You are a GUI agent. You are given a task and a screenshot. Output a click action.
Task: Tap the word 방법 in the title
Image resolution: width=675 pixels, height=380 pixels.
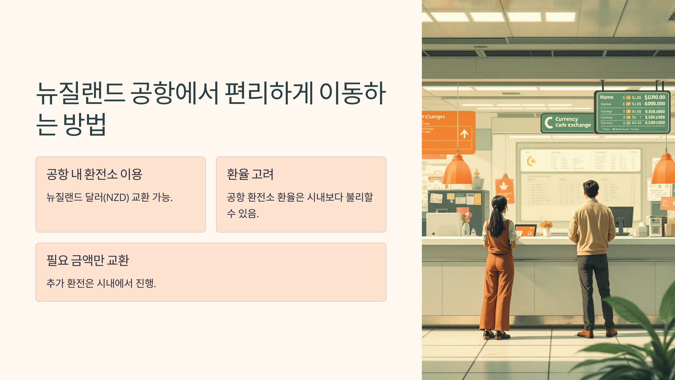point(84,124)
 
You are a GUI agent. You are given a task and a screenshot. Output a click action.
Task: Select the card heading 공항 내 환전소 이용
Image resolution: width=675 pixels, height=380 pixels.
point(94,174)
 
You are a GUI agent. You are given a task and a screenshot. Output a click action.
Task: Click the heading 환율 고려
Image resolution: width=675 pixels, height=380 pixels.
point(250,174)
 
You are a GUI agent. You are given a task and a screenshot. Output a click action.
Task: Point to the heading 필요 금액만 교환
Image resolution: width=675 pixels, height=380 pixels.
point(88,260)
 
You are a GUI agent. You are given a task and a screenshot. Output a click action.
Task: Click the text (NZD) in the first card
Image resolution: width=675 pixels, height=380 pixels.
point(116,198)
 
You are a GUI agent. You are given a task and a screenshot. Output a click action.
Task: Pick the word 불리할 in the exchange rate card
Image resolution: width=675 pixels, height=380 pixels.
point(359,197)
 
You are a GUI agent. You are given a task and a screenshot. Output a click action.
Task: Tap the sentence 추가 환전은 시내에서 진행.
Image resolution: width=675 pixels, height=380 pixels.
point(101,283)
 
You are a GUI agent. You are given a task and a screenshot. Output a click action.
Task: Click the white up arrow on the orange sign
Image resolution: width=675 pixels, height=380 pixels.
point(464,133)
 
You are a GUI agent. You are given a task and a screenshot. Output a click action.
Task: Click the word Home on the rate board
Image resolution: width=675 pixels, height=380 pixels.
point(606,97)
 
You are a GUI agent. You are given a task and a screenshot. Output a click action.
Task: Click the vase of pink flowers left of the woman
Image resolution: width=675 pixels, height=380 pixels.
point(466,224)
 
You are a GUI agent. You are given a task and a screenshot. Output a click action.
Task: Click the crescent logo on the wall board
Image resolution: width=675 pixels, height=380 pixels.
point(531,161)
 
